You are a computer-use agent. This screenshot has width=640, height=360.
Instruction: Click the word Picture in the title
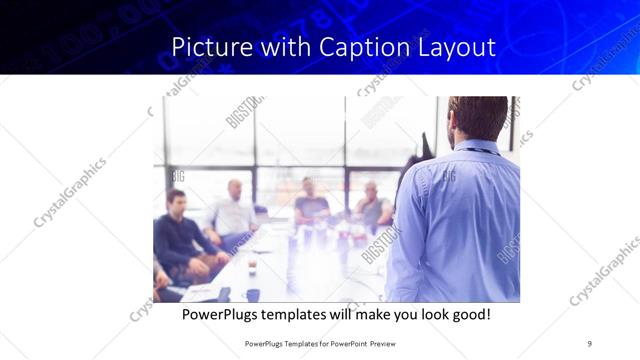pos(206,47)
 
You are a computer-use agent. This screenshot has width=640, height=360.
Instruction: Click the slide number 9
pos(589,343)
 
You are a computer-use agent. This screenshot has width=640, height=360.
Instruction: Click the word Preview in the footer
pos(395,343)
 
